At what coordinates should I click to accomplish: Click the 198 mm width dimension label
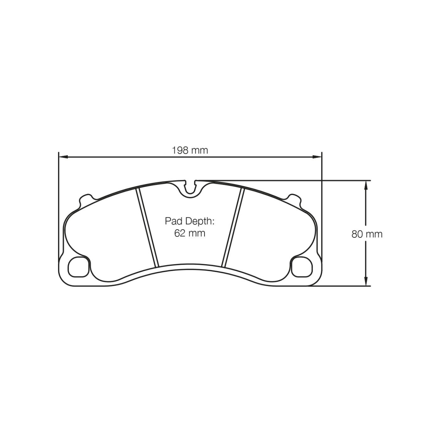(x=190, y=150)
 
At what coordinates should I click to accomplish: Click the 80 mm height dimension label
(x=367, y=234)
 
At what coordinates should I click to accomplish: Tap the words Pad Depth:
(x=189, y=221)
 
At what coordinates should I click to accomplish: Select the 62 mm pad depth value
(x=190, y=233)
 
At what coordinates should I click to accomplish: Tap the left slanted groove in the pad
(x=147, y=227)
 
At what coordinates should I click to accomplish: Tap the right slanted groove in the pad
(x=233, y=227)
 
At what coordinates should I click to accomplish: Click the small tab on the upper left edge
(x=86, y=198)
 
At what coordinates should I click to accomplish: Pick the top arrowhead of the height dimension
(x=366, y=185)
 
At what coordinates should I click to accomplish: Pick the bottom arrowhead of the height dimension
(x=366, y=281)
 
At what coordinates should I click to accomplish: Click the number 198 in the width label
(x=180, y=150)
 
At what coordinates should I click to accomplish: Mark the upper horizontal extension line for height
(x=283, y=181)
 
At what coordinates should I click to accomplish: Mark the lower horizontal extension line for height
(x=339, y=286)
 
